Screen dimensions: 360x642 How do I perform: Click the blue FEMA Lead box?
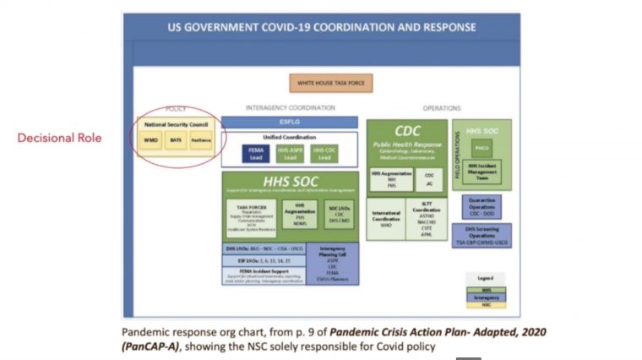click(x=256, y=154)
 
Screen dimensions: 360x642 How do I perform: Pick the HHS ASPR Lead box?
click(x=289, y=154)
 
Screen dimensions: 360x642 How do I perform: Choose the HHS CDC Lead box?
click(x=323, y=154)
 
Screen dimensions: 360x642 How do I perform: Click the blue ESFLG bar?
click(x=290, y=123)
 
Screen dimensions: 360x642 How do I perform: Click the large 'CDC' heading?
click(x=407, y=131)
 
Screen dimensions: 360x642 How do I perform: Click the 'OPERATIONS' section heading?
click(x=442, y=108)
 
